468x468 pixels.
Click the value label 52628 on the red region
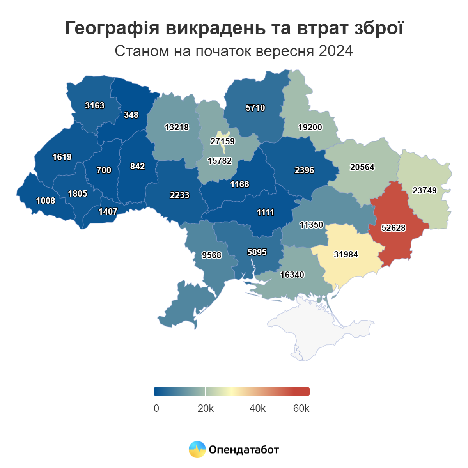click(394, 228)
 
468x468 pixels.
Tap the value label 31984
click(346, 254)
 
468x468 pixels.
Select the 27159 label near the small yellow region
click(223, 141)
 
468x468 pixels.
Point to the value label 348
click(131, 115)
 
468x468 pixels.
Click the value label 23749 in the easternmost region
click(425, 190)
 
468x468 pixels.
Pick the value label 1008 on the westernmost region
click(46, 200)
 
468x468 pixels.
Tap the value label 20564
click(362, 167)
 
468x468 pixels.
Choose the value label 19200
click(310, 127)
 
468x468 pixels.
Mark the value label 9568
click(211, 255)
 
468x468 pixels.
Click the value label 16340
click(292, 275)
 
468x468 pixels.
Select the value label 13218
click(177, 127)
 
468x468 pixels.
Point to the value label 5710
click(255, 108)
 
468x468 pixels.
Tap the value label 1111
click(266, 212)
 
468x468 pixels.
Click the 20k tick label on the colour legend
click(206, 408)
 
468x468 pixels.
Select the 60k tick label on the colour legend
click(301, 408)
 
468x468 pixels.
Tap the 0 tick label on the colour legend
click(156, 408)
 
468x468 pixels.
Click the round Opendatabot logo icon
click(197, 449)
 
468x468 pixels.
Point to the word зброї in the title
click(379, 28)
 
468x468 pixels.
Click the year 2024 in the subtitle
click(335, 51)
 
